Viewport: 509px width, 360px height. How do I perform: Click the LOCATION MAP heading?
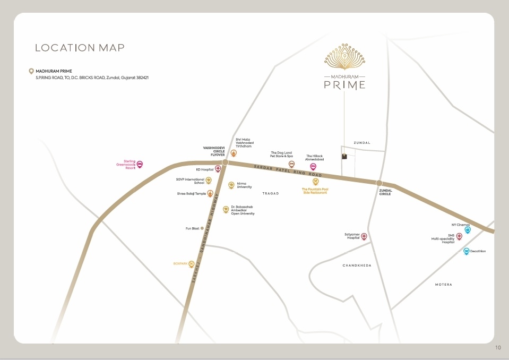point(80,48)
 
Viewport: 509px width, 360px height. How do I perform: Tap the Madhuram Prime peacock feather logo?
point(344,56)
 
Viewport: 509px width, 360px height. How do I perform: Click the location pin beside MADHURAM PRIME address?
point(31,71)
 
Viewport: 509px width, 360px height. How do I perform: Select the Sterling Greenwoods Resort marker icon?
point(140,165)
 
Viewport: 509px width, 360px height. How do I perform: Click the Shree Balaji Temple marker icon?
point(210,193)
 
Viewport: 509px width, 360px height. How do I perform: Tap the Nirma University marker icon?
point(231,185)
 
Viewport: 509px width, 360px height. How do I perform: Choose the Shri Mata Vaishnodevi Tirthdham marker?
point(234,153)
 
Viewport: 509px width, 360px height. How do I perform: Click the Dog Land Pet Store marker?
point(291,164)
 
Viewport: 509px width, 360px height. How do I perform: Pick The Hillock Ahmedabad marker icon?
point(313,167)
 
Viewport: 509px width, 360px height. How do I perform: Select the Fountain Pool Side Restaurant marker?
point(315,182)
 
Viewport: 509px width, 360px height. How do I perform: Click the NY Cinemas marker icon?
point(468,230)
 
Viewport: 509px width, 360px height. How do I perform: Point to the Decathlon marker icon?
point(467,251)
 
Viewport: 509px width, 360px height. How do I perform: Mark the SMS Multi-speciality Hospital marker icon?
point(459,236)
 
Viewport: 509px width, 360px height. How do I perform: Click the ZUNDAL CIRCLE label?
point(385,192)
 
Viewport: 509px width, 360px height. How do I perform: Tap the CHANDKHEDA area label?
point(357,265)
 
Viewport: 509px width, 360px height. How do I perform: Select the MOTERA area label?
point(443,285)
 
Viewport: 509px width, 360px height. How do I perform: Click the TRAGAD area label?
point(270,194)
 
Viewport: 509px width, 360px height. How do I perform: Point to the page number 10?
point(498,348)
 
